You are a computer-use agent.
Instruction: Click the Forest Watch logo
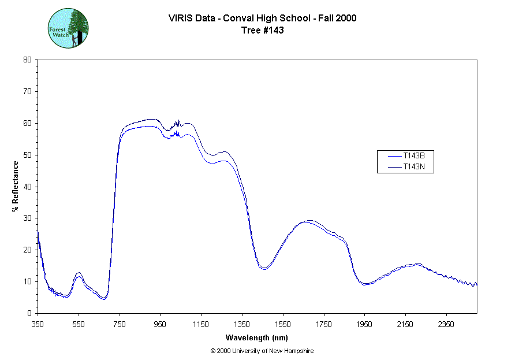tap(68, 28)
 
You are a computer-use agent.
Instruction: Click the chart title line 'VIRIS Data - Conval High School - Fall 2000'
tap(263, 18)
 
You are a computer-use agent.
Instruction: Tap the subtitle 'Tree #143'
tap(263, 30)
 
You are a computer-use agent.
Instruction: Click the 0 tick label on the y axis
tap(29, 313)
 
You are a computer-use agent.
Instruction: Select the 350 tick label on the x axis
tap(38, 325)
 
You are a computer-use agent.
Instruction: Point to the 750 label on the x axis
tap(120, 325)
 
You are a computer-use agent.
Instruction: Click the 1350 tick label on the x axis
tap(242, 325)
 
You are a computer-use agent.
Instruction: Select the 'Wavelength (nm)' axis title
tap(257, 337)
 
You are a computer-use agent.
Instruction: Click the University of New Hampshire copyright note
tap(262, 351)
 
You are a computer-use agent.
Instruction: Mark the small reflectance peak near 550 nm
tap(79, 274)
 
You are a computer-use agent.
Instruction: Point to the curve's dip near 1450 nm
tap(263, 268)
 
